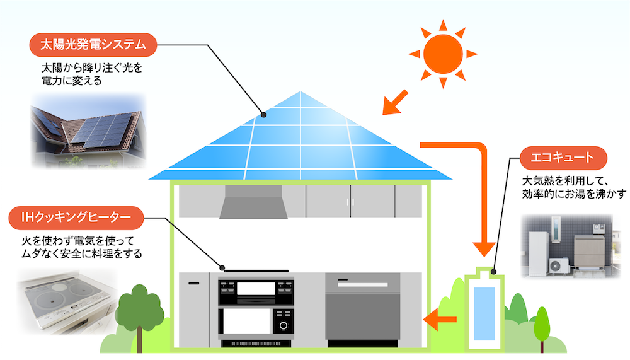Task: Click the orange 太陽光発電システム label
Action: [93, 45]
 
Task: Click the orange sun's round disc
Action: [442, 54]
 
